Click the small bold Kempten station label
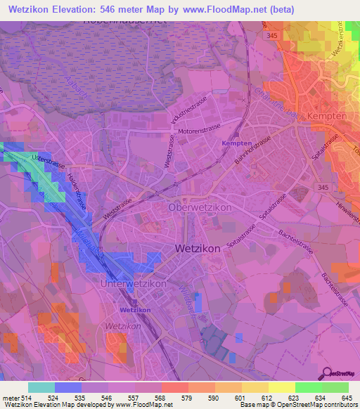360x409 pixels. (236, 143)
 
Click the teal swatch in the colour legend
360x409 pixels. (41, 387)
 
